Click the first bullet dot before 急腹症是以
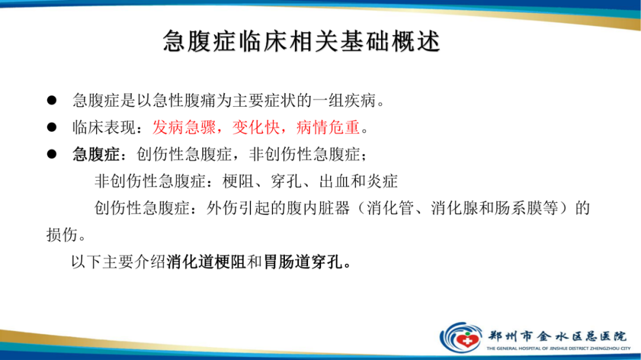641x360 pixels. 52,100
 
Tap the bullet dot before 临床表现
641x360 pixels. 52,128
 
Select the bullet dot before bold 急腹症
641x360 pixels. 52,155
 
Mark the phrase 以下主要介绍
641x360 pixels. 118,262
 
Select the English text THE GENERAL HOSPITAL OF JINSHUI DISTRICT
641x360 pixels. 558,349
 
